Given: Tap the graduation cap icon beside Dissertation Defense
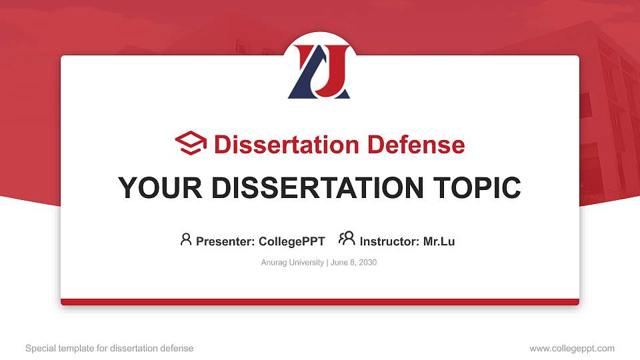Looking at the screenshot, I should point(191,144).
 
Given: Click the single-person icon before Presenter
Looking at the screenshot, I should point(186,239).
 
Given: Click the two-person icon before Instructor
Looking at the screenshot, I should point(347,239).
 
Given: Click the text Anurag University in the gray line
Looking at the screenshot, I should point(292,263).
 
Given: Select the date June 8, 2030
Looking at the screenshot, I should point(353,263).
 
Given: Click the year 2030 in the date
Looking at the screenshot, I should point(367,263).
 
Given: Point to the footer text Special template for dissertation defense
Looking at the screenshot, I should point(109,348).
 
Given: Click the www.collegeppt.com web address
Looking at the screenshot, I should point(572,348).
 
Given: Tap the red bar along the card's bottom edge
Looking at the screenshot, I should point(320,302).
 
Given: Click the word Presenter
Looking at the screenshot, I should point(224,241).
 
